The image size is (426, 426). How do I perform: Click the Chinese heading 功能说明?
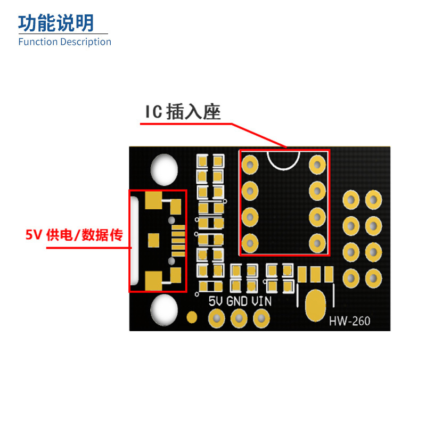click(56, 23)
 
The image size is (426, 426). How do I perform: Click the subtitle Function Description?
click(64, 42)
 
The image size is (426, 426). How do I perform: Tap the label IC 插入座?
click(183, 112)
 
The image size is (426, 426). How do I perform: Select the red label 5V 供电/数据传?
click(74, 235)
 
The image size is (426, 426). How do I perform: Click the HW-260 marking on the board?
click(349, 321)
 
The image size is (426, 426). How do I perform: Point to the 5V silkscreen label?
click(216, 301)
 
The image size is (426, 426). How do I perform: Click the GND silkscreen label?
click(237, 301)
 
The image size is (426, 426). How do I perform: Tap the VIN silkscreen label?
click(261, 301)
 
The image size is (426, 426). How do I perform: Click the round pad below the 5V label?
click(216, 318)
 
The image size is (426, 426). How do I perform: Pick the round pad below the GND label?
click(239, 318)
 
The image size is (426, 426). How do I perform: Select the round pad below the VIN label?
click(261, 318)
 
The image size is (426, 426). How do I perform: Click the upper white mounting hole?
click(164, 170)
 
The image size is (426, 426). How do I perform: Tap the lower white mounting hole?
click(164, 310)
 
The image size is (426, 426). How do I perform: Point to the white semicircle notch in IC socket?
click(283, 160)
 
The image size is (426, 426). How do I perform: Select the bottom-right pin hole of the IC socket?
click(317, 243)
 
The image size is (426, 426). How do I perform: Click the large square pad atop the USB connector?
click(153, 200)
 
